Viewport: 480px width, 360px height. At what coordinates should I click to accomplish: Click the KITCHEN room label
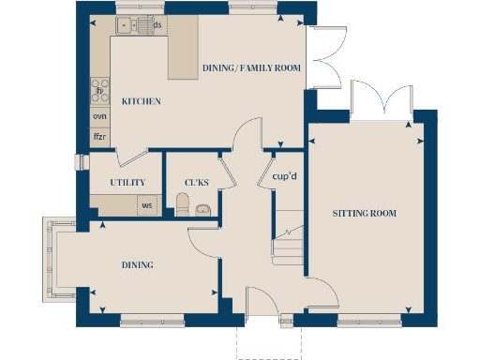[x=141, y=101]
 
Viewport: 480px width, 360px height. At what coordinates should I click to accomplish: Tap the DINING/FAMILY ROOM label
[x=252, y=67]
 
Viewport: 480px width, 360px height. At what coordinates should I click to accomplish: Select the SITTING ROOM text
[x=365, y=214]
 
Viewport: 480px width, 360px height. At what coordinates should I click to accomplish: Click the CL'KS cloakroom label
[x=197, y=182]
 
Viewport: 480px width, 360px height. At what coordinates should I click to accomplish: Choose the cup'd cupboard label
[x=284, y=175]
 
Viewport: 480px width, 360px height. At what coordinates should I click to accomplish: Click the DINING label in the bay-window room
[x=137, y=265]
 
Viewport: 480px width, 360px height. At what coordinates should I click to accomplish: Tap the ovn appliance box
[x=99, y=116]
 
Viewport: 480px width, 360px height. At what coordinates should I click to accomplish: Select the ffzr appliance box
[x=99, y=137]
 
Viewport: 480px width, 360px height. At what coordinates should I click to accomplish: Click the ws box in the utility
[x=146, y=204]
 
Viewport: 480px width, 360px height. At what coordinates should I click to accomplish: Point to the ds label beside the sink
[x=157, y=25]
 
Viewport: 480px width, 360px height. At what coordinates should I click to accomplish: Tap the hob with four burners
[x=99, y=91]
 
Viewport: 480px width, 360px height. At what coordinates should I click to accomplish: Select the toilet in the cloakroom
[x=183, y=203]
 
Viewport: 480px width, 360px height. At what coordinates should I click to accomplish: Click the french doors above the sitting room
[x=380, y=98]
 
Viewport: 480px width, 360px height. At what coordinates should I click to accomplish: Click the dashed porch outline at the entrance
[x=269, y=343]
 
